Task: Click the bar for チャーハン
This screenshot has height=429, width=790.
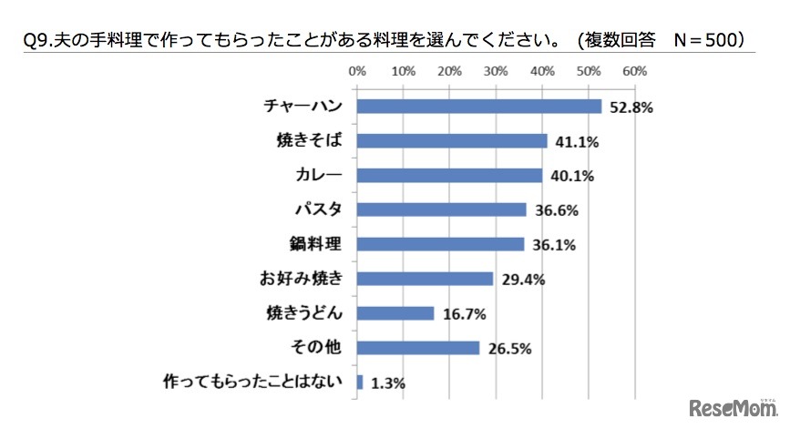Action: coord(479,107)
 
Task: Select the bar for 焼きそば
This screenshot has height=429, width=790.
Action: coord(452,141)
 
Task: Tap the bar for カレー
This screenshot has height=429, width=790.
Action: coord(449,175)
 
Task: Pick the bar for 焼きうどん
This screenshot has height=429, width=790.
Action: coord(395,313)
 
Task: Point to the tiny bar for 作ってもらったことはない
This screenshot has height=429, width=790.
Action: coord(361,382)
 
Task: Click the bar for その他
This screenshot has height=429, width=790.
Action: coord(418,348)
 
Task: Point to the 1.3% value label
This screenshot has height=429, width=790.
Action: coord(386,383)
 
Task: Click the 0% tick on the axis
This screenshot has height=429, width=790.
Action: coord(357,70)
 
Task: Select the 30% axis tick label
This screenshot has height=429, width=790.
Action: coord(496,70)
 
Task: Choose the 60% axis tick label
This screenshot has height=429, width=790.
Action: coord(634,70)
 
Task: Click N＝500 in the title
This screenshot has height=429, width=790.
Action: coord(702,40)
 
